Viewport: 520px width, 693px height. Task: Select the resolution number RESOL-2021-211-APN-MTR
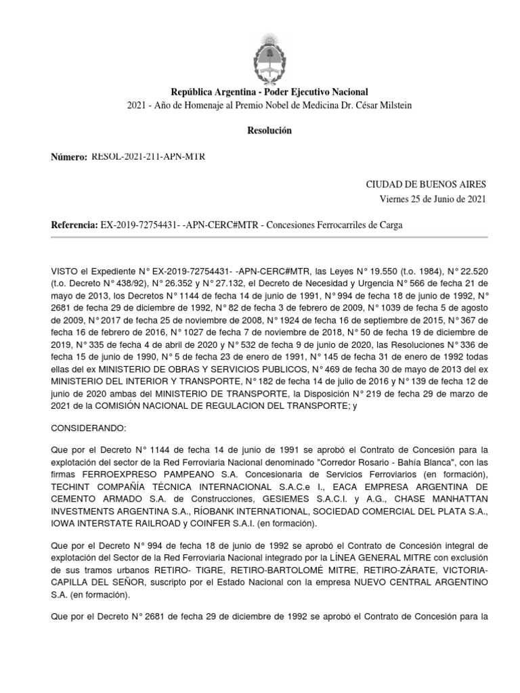tap(148, 157)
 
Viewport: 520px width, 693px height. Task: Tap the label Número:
tap(69, 157)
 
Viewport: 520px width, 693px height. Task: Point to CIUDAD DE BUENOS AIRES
tap(426, 184)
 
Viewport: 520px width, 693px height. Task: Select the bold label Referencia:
tap(74, 225)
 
